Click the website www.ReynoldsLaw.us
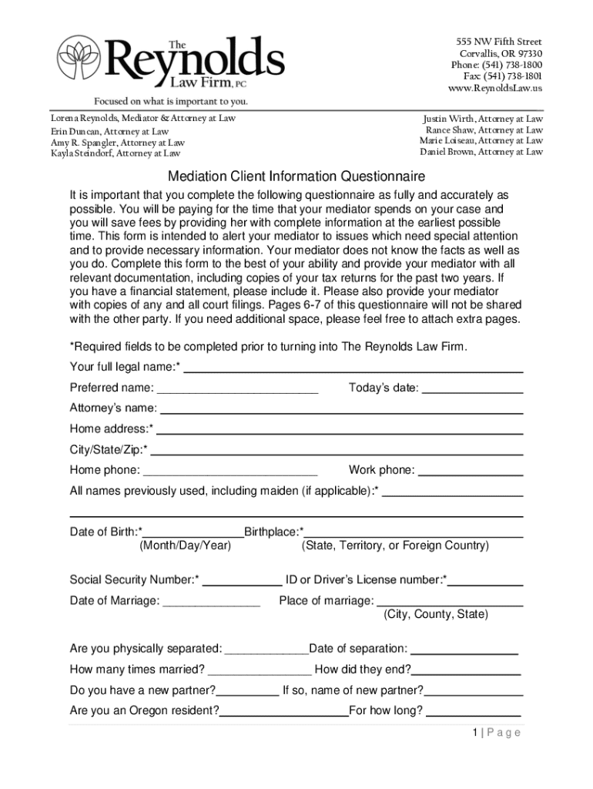[x=494, y=89]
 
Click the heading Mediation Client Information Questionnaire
[x=296, y=176]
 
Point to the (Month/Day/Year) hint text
[x=185, y=546]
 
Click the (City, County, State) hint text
[x=435, y=615]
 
